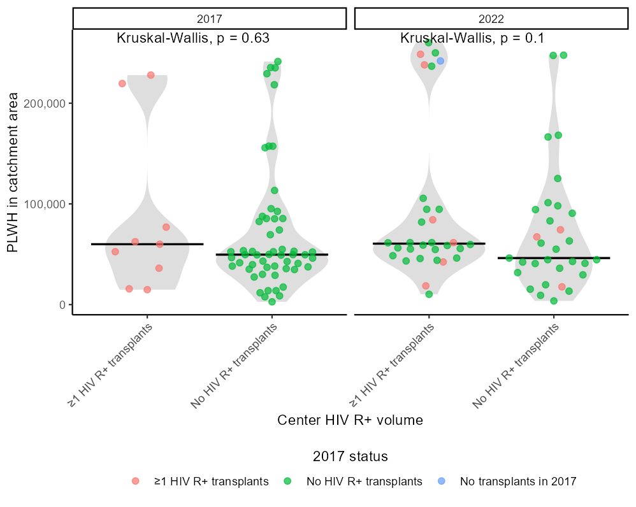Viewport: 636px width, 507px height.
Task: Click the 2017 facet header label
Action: (x=210, y=18)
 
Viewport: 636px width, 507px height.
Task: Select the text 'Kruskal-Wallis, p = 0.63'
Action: (x=193, y=38)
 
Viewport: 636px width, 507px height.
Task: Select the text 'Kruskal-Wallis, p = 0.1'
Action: (x=472, y=38)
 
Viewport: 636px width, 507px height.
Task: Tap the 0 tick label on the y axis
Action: (x=62, y=304)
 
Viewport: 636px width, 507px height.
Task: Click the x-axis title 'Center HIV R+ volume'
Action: (x=350, y=420)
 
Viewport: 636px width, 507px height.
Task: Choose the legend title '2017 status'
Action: (x=350, y=457)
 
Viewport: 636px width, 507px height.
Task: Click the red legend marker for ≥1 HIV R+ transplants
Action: (x=135, y=482)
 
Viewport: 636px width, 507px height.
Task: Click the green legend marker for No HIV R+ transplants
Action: (x=288, y=482)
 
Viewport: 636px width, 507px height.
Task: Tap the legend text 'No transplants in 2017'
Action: (x=518, y=482)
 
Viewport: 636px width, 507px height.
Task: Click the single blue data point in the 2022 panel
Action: (x=440, y=61)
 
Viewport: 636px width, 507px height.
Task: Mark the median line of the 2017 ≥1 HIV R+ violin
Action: (x=147, y=244)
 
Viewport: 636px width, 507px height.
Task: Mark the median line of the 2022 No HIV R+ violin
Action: (x=554, y=258)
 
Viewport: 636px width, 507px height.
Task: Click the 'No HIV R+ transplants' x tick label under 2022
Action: (x=516, y=365)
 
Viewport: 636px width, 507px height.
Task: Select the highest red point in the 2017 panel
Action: (x=151, y=75)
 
